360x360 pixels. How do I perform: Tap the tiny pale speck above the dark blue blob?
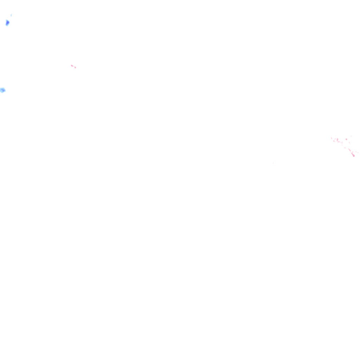tap(11, 15)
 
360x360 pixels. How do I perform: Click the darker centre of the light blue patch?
tap(2, 90)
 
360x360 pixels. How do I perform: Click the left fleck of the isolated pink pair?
tap(72, 66)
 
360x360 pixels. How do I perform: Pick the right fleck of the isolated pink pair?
tap(75, 67)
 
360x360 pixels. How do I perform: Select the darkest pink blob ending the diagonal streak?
tap(354, 156)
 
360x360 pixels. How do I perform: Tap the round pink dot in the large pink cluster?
tap(346, 139)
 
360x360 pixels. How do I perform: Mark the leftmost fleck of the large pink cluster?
tap(332, 138)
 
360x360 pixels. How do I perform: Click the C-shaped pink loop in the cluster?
tap(334, 141)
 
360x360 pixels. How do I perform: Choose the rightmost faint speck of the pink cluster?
tap(358, 153)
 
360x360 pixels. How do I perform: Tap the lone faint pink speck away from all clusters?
tap(273, 163)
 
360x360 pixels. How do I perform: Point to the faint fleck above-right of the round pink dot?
tap(351, 136)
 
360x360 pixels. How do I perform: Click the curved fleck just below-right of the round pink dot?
tap(349, 143)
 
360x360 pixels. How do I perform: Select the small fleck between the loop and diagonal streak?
tap(345, 148)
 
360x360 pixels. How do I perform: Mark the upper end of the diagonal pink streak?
tap(349, 149)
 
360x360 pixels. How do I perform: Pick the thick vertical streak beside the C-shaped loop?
tap(337, 140)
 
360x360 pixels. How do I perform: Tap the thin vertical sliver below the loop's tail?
tap(342, 145)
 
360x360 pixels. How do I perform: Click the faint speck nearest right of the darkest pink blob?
tap(356, 152)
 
